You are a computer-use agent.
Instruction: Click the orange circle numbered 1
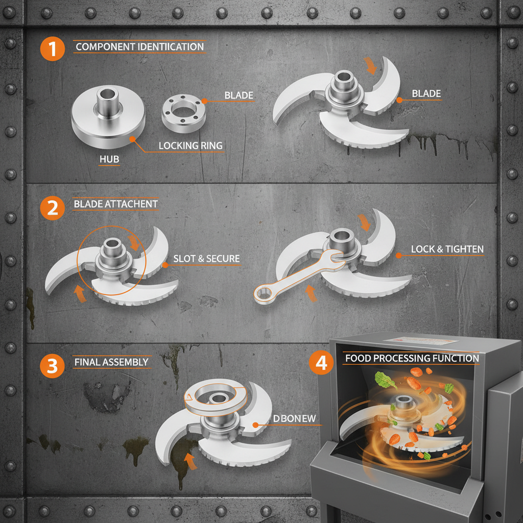[53, 50]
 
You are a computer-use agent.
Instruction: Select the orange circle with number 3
[53, 366]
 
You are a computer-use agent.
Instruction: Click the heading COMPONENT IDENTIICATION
[139, 47]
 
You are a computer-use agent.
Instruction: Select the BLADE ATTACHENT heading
[116, 204]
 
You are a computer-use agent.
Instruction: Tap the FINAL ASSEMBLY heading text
[111, 362]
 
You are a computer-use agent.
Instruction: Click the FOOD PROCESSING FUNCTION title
[412, 358]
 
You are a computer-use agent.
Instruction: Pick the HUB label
[109, 159]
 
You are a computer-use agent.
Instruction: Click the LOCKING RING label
[191, 146]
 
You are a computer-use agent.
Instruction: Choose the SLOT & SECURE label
[206, 259]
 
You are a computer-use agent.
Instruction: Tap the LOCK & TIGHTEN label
[447, 249]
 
